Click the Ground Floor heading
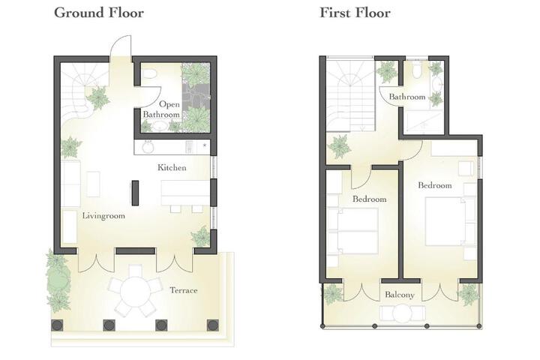(99, 13)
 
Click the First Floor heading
(355, 13)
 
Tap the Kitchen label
(172, 168)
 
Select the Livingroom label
(103, 216)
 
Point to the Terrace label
(184, 290)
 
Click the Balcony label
(400, 295)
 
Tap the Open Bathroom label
(161, 109)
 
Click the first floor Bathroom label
(407, 97)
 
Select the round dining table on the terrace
(136, 290)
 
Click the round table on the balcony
(402, 313)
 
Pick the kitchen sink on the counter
(148, 147)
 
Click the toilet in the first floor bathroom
(416, 70)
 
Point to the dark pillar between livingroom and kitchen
(135, 193)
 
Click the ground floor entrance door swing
(121, 46)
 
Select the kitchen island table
(186, 193)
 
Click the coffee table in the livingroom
(93, 184)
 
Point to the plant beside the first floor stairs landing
(340, 146)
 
